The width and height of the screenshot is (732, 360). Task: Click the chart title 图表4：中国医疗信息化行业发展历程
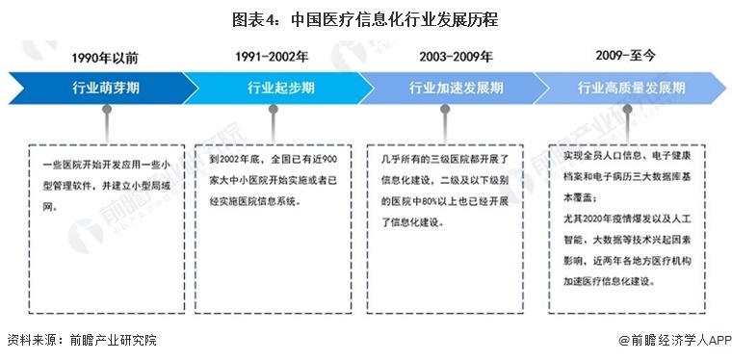[367, 18]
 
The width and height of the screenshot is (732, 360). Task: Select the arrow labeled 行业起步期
[280, 88]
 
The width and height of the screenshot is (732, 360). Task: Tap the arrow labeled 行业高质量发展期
[631, 88]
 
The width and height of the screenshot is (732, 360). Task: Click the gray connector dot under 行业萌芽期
[107, 109]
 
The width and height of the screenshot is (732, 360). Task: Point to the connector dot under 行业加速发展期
[445, 109]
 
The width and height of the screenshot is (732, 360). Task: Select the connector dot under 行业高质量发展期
[627, 109]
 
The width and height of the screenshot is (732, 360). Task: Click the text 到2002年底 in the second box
[223, 157]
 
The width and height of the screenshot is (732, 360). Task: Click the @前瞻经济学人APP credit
[675, 341]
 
